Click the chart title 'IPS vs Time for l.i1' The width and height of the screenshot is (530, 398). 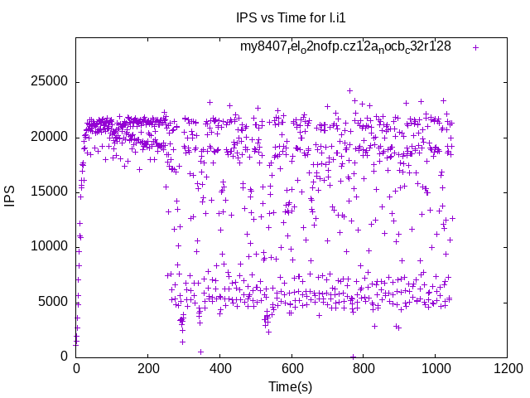click(291, 18)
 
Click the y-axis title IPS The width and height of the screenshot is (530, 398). click(11, 197)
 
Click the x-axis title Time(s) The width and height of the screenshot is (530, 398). click(291, 386)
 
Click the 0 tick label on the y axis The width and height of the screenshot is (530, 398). click(65, 356)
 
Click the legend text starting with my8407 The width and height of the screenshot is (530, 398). click(345, 46)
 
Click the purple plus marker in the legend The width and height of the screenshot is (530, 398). click(475, 47)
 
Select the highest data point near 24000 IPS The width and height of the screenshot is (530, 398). click(349, 91)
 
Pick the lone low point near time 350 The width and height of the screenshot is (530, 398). click(200, 352)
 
